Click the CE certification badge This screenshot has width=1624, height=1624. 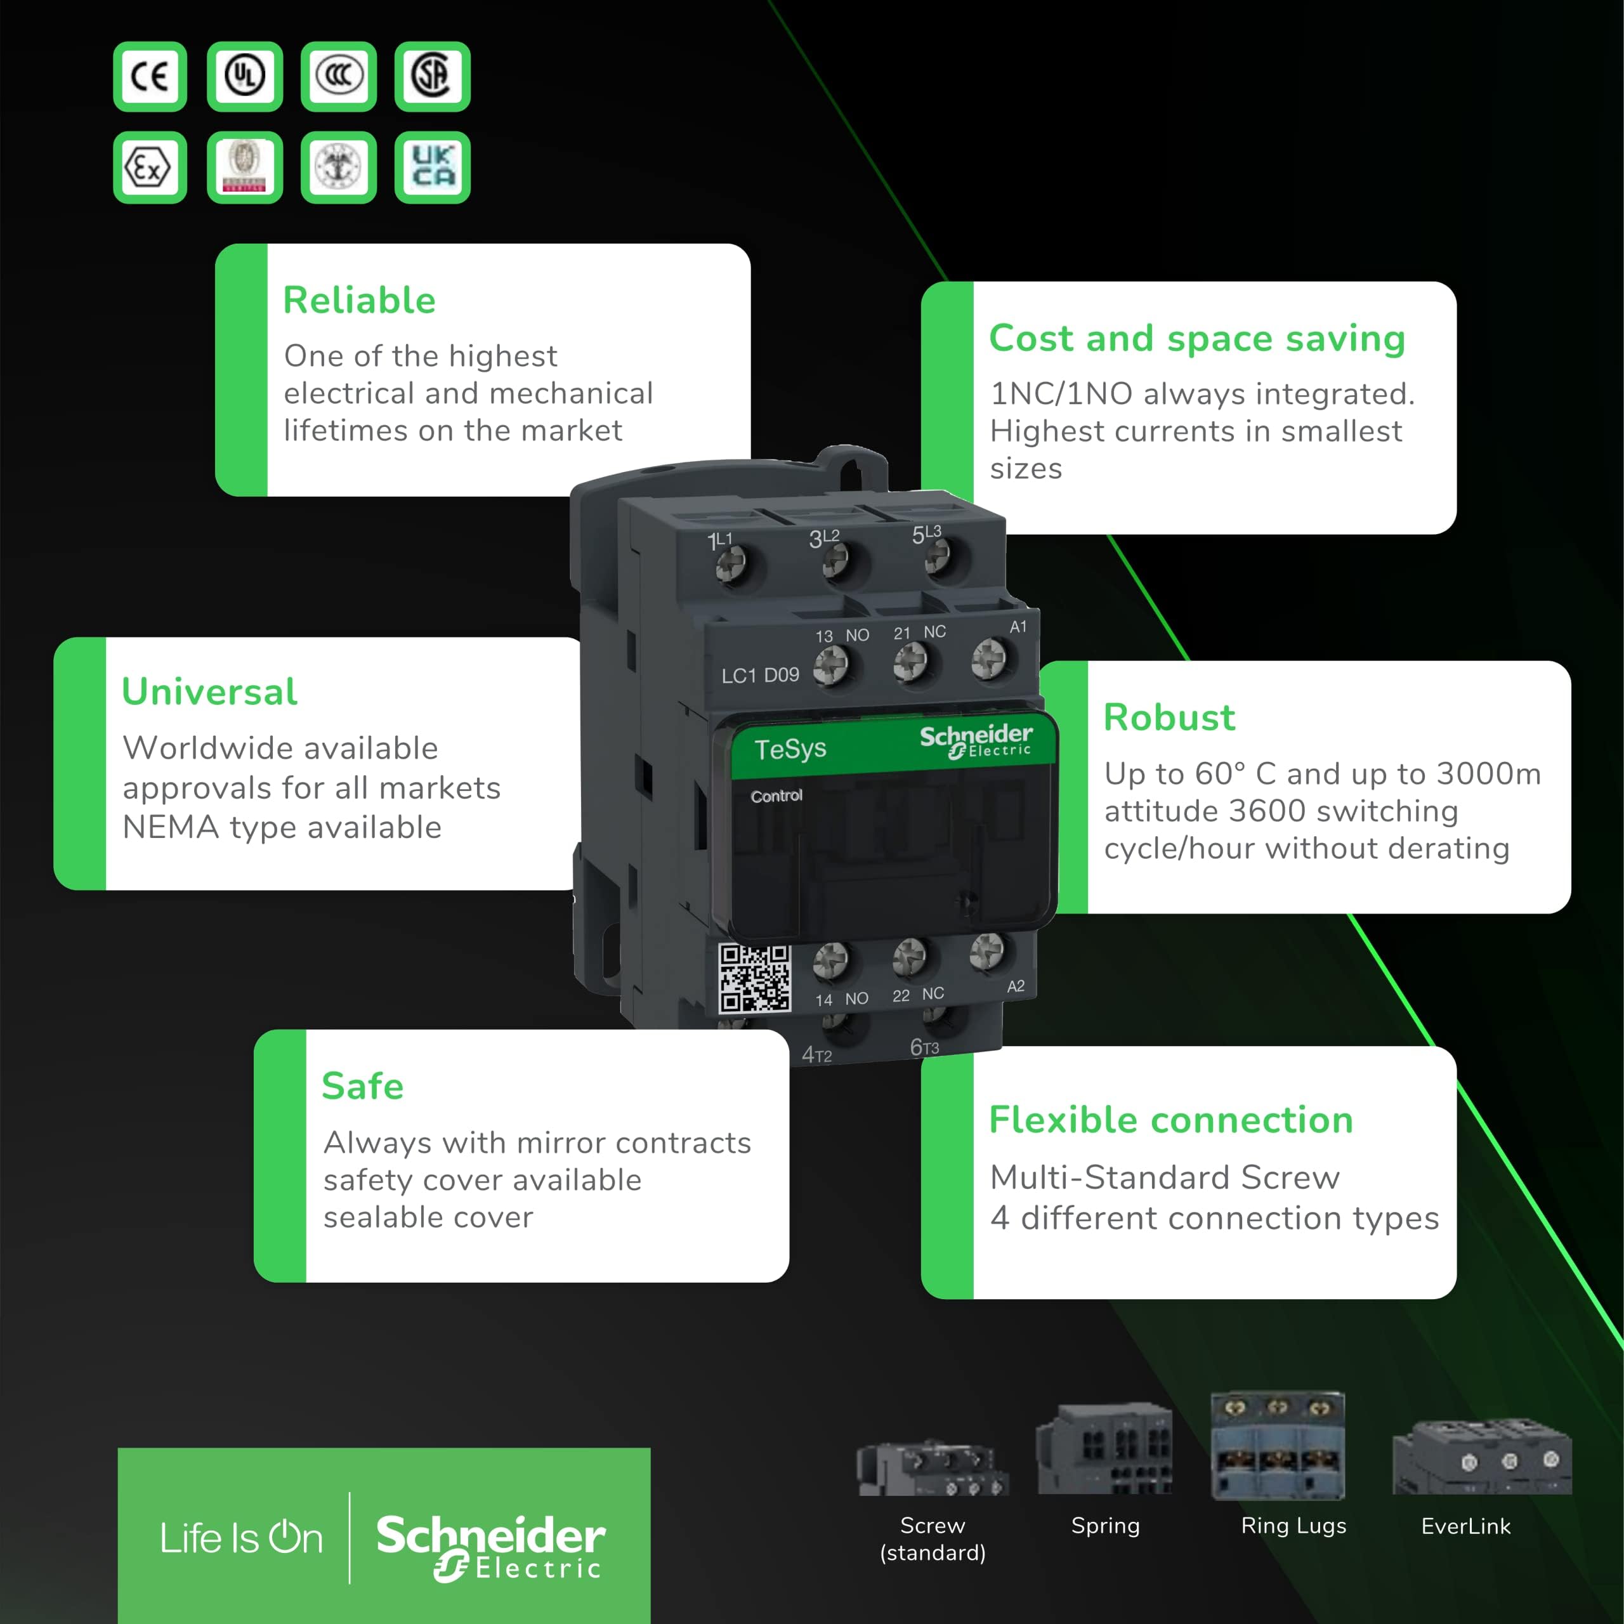150,77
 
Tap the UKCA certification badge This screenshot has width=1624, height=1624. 432,166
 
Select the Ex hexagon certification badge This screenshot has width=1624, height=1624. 150,166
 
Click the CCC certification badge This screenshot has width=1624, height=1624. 338,77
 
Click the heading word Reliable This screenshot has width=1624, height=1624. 359,300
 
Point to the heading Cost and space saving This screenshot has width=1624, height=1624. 1196,338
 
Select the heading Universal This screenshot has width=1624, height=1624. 209,691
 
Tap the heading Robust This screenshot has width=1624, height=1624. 1169,717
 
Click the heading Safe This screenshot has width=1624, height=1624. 362,1085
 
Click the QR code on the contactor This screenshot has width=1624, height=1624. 754,978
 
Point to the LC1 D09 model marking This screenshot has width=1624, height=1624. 760,675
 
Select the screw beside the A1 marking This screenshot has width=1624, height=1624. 988,658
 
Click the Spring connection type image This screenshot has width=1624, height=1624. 1104,1449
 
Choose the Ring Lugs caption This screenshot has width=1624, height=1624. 1293,1526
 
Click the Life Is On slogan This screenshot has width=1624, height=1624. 241,1538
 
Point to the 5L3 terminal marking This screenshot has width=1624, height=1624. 926,533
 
